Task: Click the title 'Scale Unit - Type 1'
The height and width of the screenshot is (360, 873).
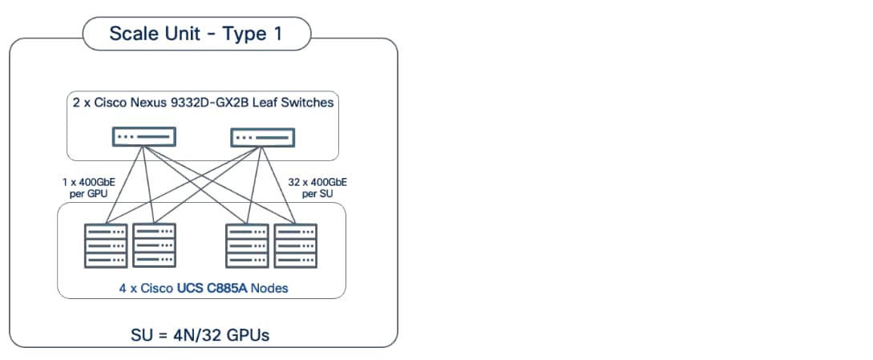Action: click(x=196, y=34)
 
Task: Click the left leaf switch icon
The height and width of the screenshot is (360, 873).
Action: click(x=143, y=137)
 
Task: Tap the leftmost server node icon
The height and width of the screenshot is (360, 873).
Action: click(x=106, y=245)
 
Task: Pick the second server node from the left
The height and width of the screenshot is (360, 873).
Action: click(x=154, y=245)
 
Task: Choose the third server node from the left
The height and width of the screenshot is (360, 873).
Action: click(x=248, y=245)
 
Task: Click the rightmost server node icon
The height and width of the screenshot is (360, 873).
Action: click(x=296, y=245)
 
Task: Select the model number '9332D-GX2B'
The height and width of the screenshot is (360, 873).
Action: click(x=197, y=102)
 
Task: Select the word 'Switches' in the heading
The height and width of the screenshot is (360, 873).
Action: click(x=305, y=102)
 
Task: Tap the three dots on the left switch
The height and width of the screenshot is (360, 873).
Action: click(x=126, y=136)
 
